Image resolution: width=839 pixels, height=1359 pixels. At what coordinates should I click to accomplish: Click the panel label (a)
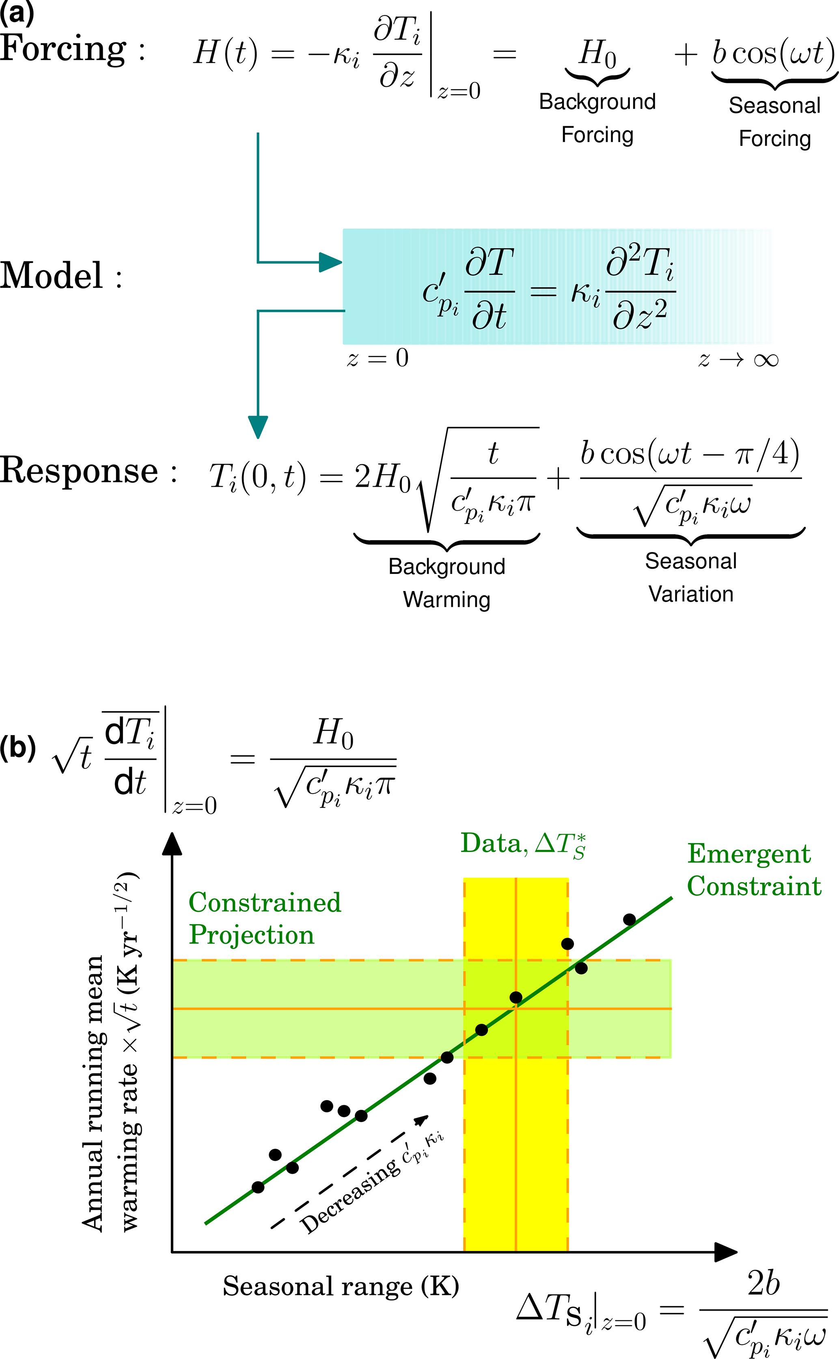pos(17,12)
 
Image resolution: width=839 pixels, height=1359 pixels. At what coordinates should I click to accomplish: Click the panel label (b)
pos(18,747)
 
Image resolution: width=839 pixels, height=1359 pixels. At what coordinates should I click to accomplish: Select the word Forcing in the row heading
pos(63,49)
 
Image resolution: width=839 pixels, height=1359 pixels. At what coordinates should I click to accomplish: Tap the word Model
pos(51,276)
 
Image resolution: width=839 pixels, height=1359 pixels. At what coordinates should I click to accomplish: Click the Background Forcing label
pos(597,118)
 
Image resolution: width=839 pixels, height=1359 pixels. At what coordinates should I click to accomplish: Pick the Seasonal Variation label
pos(691,578)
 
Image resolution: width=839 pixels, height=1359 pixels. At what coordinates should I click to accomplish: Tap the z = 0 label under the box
pos(378,358)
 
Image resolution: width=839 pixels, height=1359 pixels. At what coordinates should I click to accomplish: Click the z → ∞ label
pos(738,360)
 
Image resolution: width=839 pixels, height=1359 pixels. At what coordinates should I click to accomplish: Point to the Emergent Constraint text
pos(753,869)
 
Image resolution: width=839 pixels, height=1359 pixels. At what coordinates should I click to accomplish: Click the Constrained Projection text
pos(265,919)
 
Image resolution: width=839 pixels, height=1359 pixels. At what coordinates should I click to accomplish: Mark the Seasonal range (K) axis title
pos(341,1286)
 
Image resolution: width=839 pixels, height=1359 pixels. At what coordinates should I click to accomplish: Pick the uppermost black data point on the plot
pos(629,919)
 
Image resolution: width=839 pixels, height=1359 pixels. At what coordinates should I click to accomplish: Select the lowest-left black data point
pos(258,1187)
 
